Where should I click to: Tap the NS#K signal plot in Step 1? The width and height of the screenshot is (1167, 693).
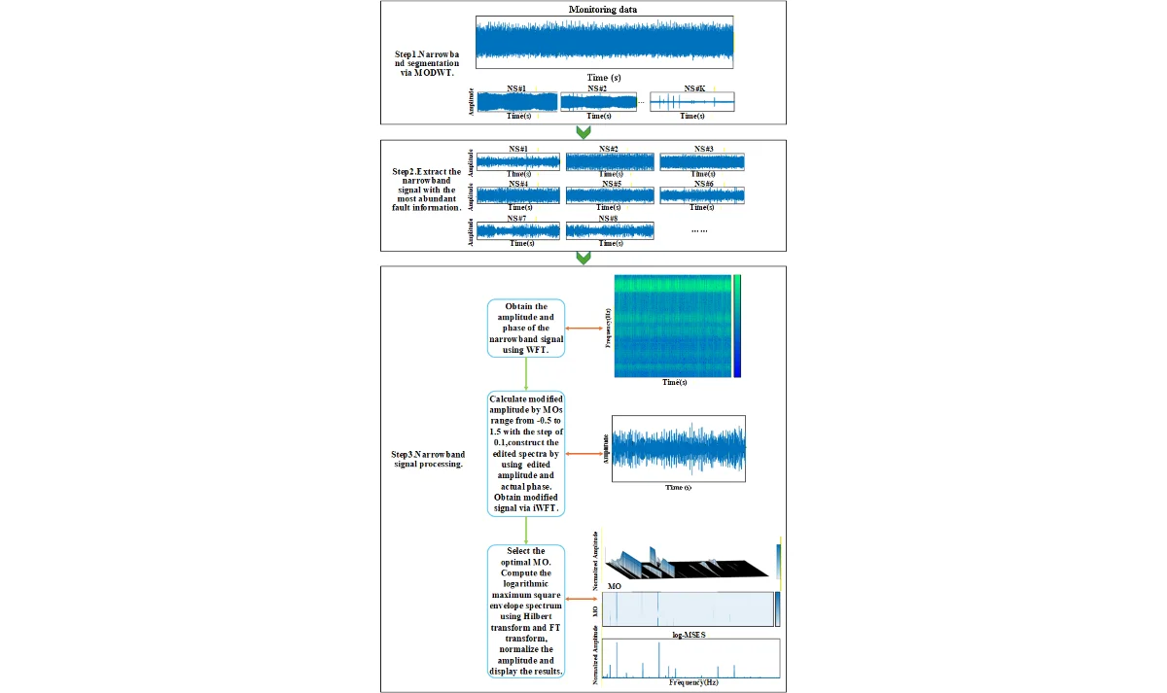click(692, 101)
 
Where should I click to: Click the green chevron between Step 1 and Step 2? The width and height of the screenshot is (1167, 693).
click(583, 132)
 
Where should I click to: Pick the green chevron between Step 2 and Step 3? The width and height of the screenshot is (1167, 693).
click(583, 258)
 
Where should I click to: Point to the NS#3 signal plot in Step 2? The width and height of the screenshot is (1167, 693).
click(702, 161)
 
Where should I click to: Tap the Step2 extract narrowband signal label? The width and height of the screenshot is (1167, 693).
click(425, 191)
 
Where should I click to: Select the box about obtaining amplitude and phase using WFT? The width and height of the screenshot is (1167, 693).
click(525, 329)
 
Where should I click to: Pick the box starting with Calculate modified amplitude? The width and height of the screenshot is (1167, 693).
click(525, 453)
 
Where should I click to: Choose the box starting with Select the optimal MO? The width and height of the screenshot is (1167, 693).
click(525, 612)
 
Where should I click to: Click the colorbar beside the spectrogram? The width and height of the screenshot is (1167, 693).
click(738, 326)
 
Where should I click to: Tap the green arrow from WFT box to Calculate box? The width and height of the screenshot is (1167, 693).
click(525, 373)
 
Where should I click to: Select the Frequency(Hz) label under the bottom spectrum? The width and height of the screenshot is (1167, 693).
click(692, 683)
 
